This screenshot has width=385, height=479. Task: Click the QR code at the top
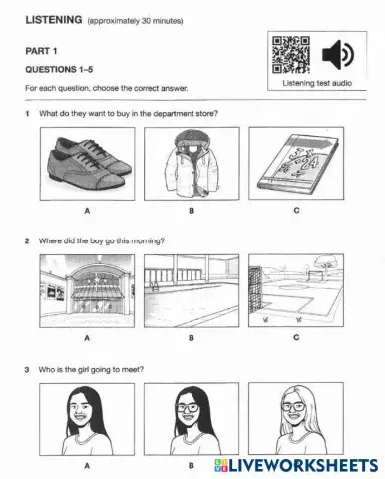[291, 54]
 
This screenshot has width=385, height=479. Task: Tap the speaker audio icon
[336, 54]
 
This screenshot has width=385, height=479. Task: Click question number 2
[28, 241]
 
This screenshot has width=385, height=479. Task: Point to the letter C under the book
[296, 211]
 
